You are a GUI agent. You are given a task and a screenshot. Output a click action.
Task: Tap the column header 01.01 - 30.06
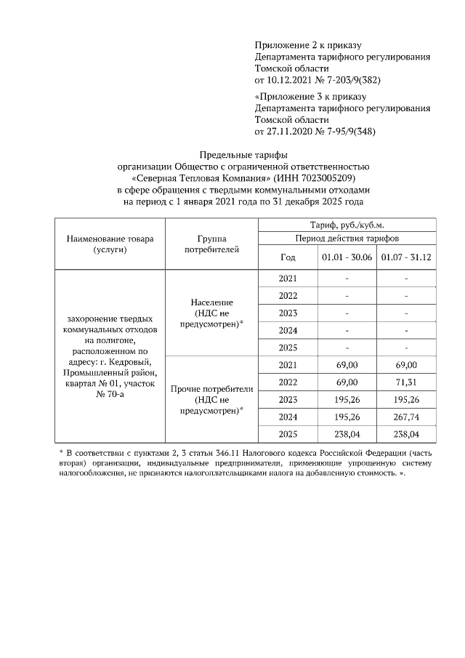(x=347, y=257)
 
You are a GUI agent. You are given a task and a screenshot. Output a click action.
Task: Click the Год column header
(x=288, y=257)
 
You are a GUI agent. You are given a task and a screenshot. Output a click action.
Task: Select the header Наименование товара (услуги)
(x=110, y=244)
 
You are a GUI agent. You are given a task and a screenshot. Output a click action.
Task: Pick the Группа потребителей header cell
(x=211, y=244)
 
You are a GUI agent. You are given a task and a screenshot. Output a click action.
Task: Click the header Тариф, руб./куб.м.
(x=347, y=225)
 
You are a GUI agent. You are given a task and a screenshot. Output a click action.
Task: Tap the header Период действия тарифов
(x=347, y=238)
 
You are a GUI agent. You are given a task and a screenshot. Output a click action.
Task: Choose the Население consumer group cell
(x=211, y=313)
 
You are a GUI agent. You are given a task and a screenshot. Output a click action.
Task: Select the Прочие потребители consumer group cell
(x=211, y=399)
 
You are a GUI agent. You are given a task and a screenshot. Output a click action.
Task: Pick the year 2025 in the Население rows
(x=288, y=347)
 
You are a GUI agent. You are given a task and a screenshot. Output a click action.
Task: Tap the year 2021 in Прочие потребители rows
(x=288, y=364)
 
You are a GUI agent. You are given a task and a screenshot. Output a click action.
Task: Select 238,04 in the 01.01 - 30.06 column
(x=347, y=434)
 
